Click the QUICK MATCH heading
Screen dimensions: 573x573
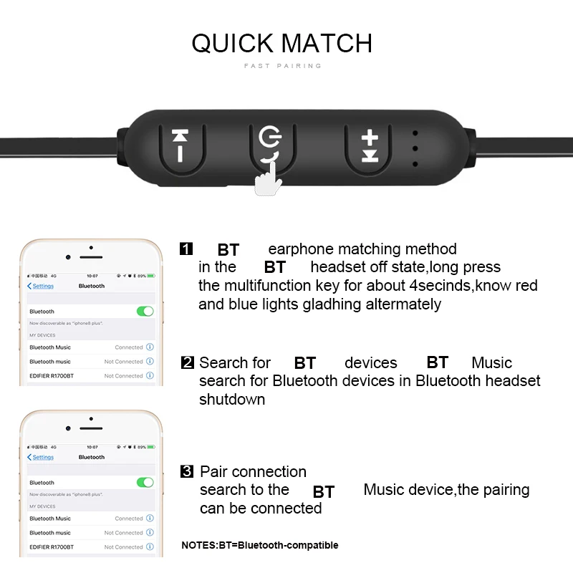(281, 43)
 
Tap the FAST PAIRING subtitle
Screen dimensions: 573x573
(283, 66)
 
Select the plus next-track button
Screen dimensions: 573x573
(369, 145)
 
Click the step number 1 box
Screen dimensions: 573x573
(186, 249)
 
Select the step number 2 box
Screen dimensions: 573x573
(188, 362)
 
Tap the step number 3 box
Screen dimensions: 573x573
(187, 471)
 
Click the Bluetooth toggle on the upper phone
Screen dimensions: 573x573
(145, 312)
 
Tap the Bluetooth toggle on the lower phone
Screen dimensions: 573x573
(145, 483)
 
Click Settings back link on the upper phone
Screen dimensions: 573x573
(41, 286)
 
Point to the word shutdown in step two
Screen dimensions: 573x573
(232, 400)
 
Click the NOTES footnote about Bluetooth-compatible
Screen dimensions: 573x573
(259, 545)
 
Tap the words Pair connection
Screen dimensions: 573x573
(253, 471)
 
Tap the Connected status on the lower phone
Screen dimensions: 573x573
(129, 519)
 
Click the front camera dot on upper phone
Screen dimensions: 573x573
(68, 256)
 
